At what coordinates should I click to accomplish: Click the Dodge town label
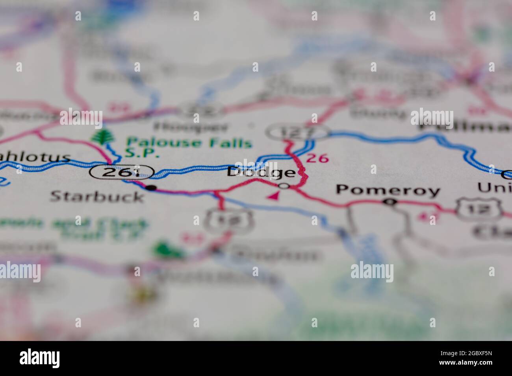261,172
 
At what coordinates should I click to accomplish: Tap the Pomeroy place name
388,190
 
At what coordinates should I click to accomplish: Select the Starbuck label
97,196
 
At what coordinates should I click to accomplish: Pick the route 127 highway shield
297,132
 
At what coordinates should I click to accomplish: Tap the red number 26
317,158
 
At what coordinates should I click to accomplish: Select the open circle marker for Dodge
284,186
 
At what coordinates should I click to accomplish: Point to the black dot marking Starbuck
150,188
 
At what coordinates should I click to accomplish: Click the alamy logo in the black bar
40,358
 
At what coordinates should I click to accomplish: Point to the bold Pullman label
465,127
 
